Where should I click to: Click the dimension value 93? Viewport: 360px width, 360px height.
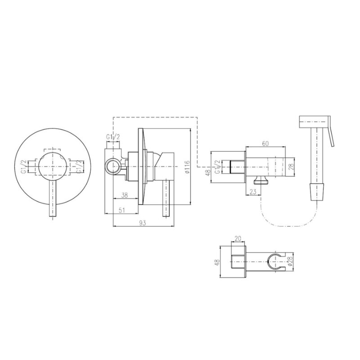142,223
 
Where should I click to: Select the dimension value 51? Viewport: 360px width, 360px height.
122,210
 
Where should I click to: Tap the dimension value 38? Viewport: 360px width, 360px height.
124,195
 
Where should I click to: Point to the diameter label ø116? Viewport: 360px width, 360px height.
187,166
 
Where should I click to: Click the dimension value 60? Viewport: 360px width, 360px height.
265,144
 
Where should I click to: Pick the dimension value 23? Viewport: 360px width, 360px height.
253,192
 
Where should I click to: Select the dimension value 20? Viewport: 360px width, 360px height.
238,238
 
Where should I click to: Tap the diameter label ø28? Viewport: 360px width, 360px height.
290,261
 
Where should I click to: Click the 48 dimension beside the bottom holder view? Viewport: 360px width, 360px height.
217,262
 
